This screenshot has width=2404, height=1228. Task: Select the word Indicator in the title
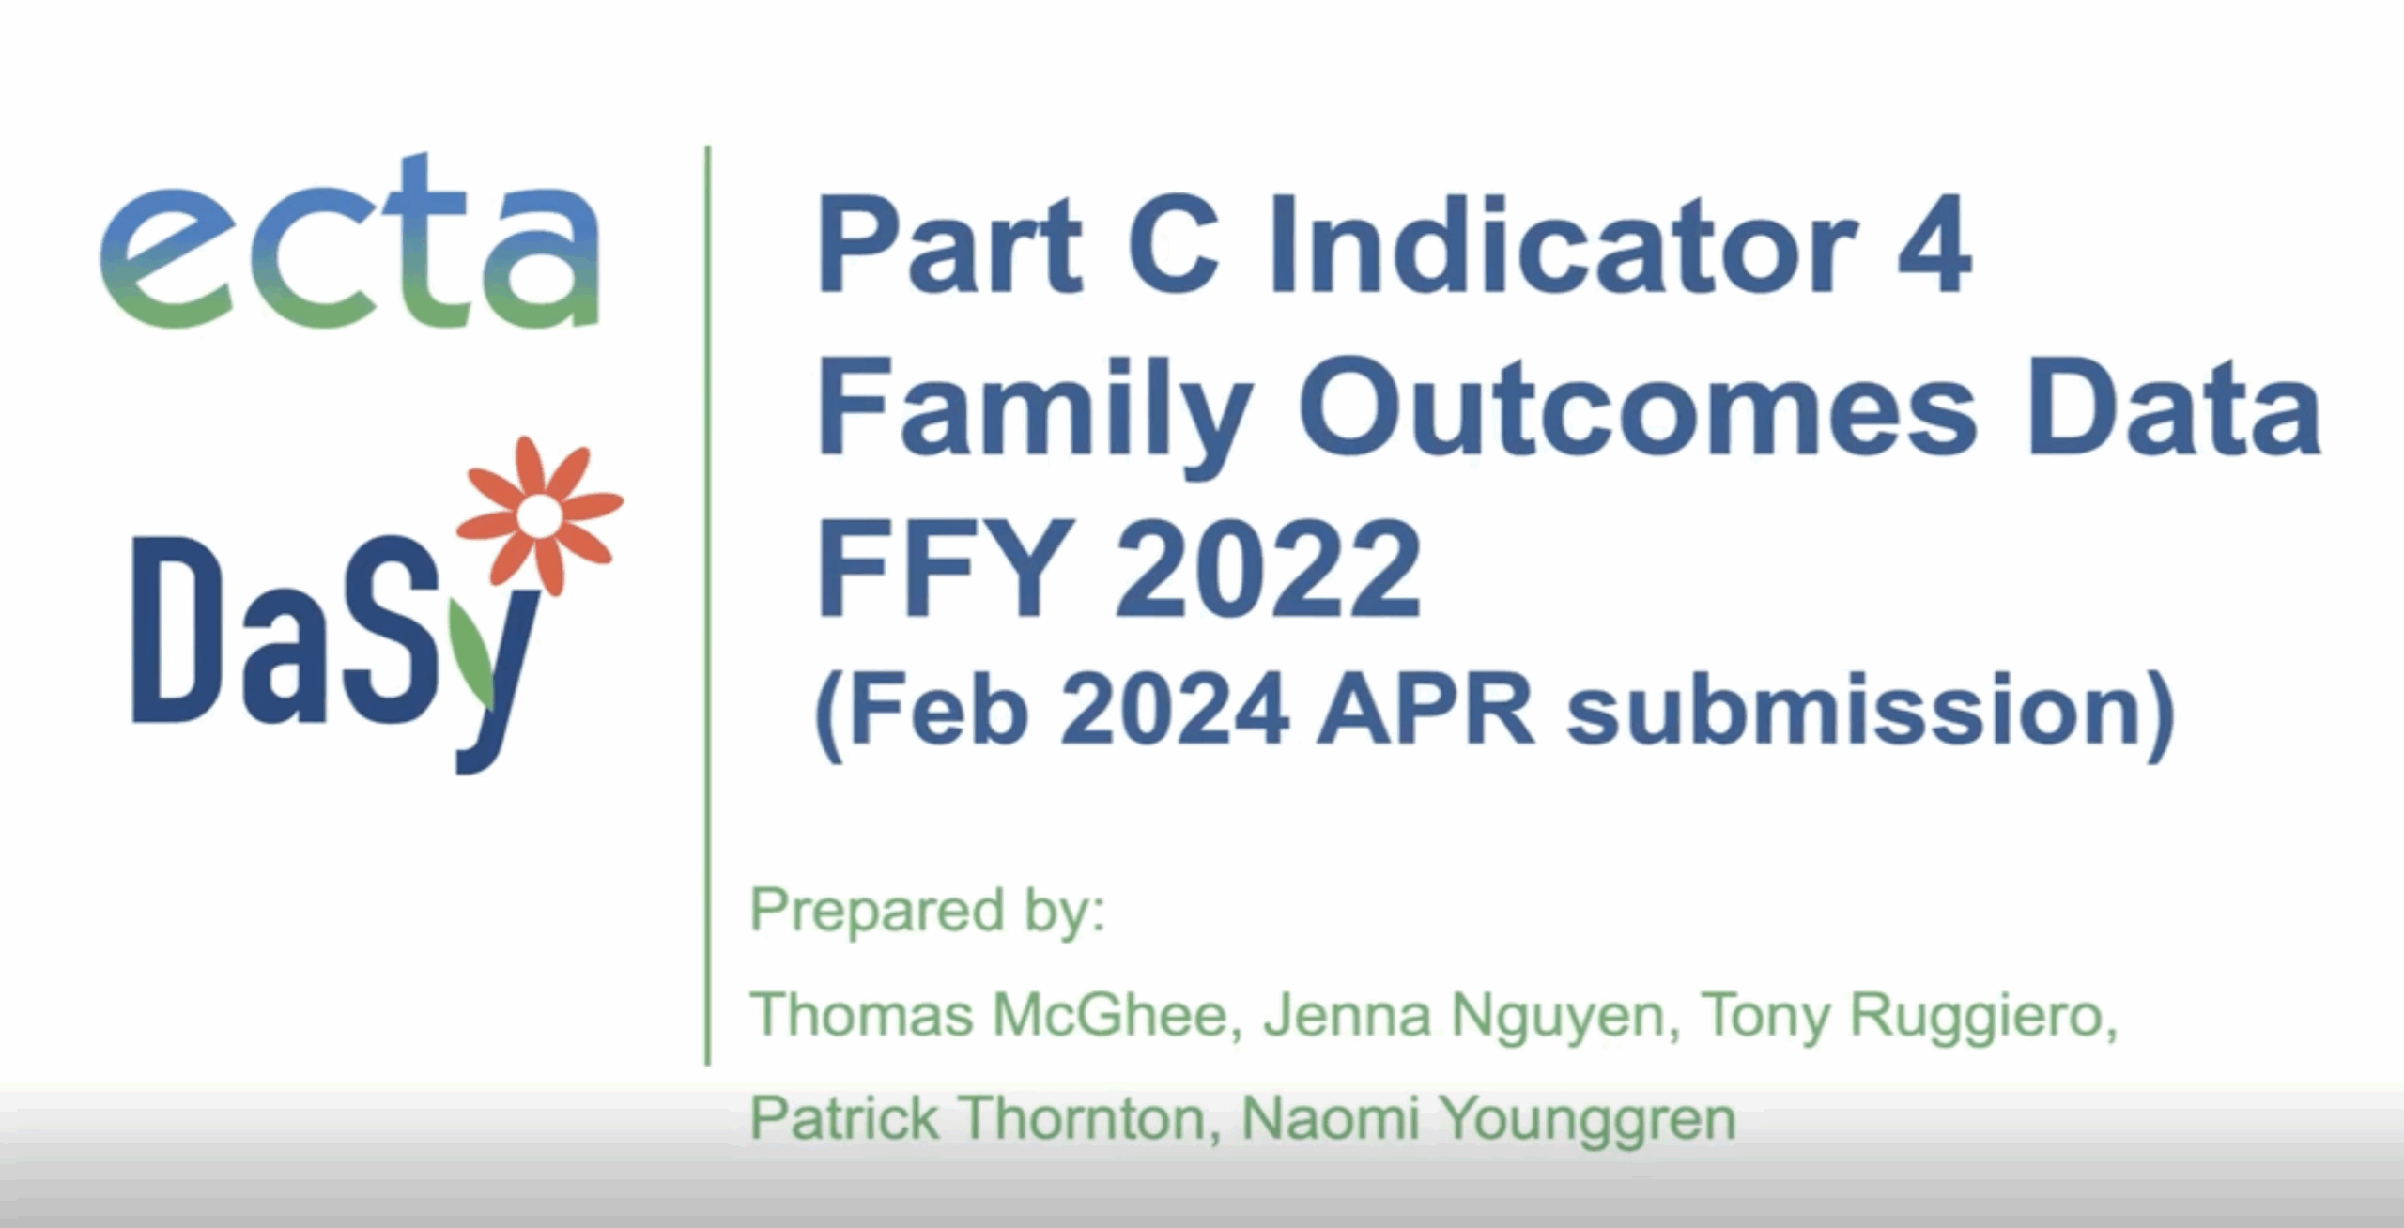pyautogui.click(x=1562, y=246)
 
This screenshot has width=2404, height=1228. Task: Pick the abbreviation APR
pyautogui.click(x=1424, y=711)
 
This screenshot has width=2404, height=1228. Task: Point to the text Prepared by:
pyautogui.click(x=927, y=910)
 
